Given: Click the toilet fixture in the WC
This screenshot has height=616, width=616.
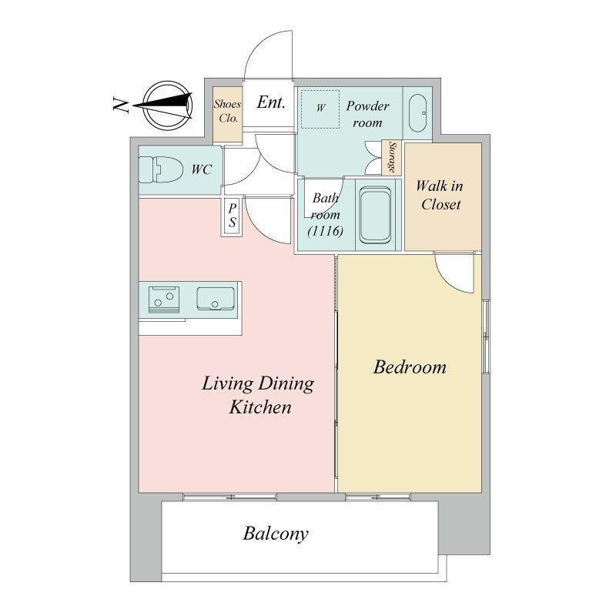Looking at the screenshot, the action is point(161,170).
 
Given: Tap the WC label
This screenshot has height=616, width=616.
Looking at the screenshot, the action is point(202,169).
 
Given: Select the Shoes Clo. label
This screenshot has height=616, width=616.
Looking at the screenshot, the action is point(227,111).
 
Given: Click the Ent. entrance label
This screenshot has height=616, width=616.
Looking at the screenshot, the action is point(271,102).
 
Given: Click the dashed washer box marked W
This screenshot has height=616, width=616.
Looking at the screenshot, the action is point(320,109).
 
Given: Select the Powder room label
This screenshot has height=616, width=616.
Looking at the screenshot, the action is point(367,114).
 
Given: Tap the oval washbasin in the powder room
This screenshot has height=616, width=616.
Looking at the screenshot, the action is point(417,113).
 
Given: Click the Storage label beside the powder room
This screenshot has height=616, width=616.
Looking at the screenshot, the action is point(392,158).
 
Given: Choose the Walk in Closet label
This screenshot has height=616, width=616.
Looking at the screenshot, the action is point(440,195).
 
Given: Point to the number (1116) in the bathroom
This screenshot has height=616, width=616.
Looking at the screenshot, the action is point(325,231).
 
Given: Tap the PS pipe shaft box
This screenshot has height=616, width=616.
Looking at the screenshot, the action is point(233,216).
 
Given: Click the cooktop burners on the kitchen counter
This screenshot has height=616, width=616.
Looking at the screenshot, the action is point(164,300).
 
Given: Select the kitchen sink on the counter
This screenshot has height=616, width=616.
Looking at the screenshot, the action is point(216,299).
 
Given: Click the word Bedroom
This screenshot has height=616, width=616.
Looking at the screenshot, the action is point(410,367).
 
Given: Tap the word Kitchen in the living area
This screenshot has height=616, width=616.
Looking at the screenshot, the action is point(260,407).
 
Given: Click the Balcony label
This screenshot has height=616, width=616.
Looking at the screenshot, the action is point(276,534).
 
